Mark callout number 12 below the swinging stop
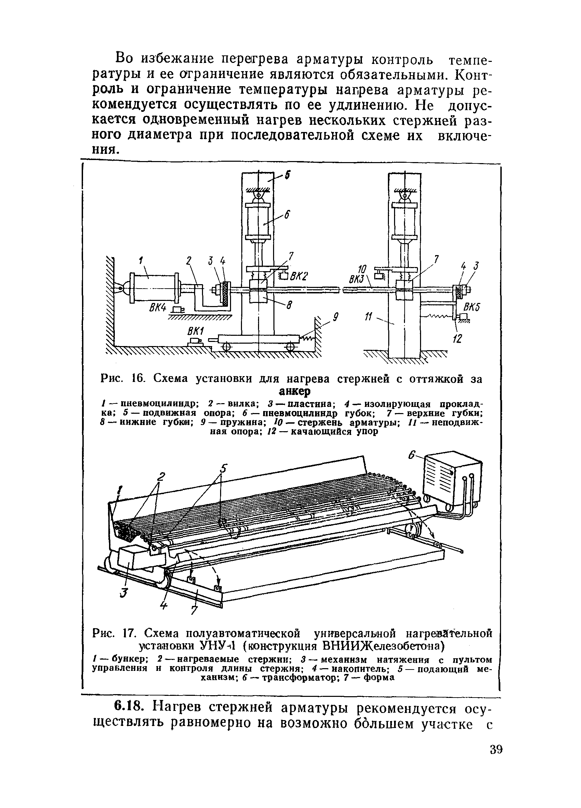tap(457, 338)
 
